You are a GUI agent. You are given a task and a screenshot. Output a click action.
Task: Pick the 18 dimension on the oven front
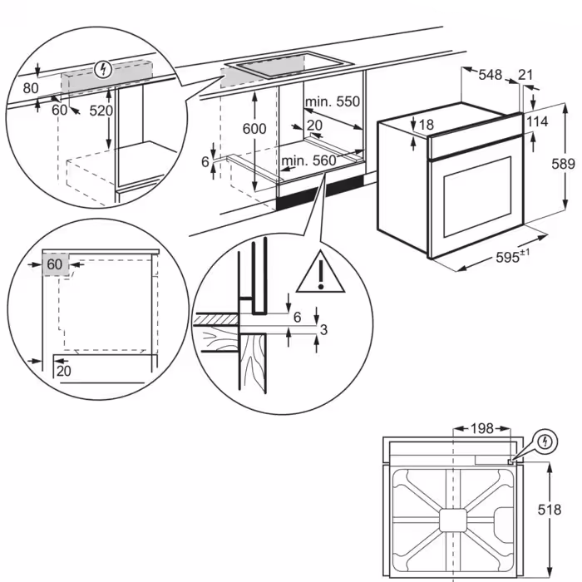(x=427, y=125)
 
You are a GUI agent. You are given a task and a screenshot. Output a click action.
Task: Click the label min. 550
(x=332, y=102)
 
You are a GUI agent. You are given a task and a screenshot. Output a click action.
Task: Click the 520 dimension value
(x=101, y=111)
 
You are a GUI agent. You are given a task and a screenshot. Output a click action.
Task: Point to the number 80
(x=31, y=87)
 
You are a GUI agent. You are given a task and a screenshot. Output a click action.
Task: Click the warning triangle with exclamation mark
(x=319, y=273)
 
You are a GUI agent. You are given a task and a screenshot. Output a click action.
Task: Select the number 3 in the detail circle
(x=324, y=331)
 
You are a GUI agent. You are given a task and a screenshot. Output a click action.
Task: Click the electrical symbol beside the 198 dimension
(x=545, y=440)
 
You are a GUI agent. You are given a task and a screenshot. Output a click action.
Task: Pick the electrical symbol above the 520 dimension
(x=103, y=69)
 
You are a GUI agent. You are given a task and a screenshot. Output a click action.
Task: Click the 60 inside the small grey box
(x=55, y=264)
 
